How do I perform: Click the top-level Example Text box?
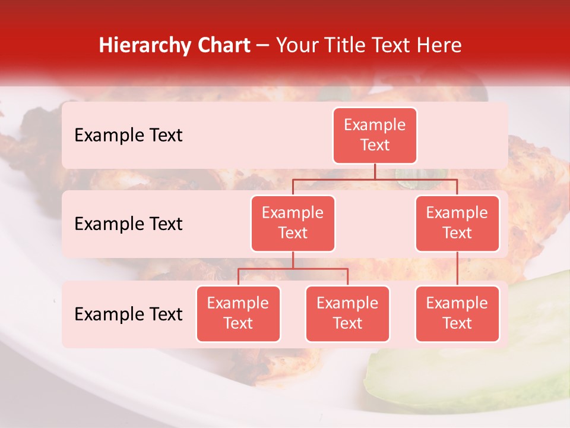[x=375, y=136]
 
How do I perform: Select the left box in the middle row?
[x=293, y=224]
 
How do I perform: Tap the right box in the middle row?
[x=457, y=224]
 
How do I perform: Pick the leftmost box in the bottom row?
[x=238, y=314]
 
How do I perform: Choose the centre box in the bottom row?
[x=347, y=314]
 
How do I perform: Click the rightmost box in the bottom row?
[x=457, y=314]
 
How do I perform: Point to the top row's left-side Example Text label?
[x=128, y=136]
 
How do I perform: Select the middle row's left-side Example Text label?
[x=128, y=224]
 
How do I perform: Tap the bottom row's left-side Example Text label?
[x=128, y=314]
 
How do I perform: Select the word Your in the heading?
[x=296, y=45]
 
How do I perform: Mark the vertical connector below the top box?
[x=375, y=171]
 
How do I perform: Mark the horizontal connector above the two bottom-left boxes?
[x=293, y=269]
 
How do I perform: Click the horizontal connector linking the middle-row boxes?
[x=375, y=179]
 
